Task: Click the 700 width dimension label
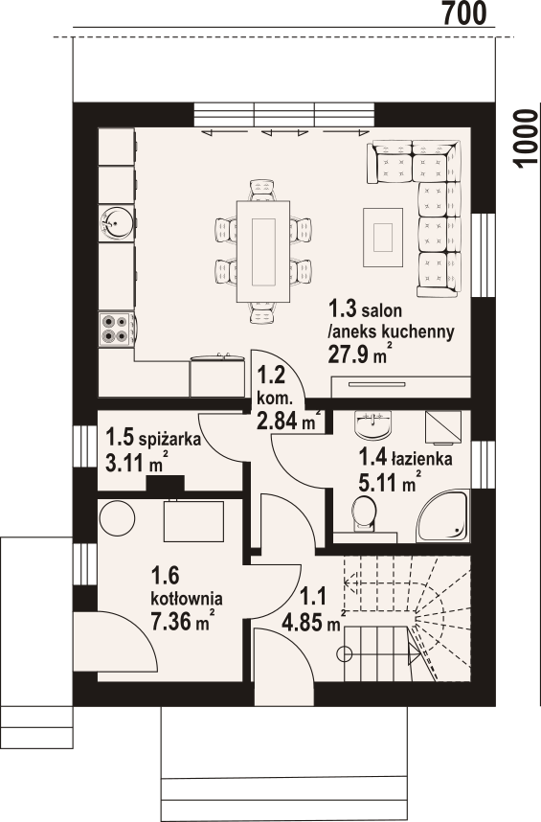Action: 464,13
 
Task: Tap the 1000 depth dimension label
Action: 526,139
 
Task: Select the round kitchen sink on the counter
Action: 116,223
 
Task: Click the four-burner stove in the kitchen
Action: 115,329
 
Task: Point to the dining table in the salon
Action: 263,252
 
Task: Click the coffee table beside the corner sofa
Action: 383,238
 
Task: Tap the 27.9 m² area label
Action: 360,354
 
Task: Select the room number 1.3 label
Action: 343,309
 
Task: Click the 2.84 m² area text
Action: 288,420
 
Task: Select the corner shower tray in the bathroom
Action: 442,515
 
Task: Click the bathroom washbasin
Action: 372,424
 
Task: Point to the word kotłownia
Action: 187,598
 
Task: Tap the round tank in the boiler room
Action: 118,517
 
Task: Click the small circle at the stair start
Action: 345,653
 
